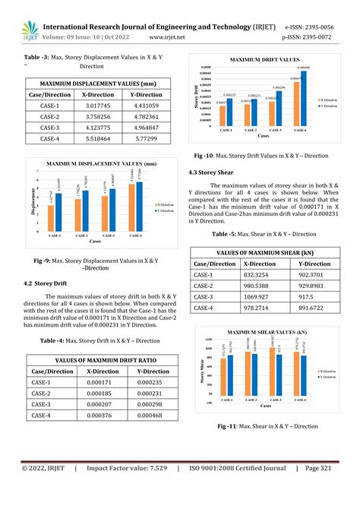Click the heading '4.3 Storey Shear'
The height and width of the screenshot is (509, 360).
(x=216, y=173)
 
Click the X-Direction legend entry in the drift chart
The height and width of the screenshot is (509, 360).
(x=331, y=99)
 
